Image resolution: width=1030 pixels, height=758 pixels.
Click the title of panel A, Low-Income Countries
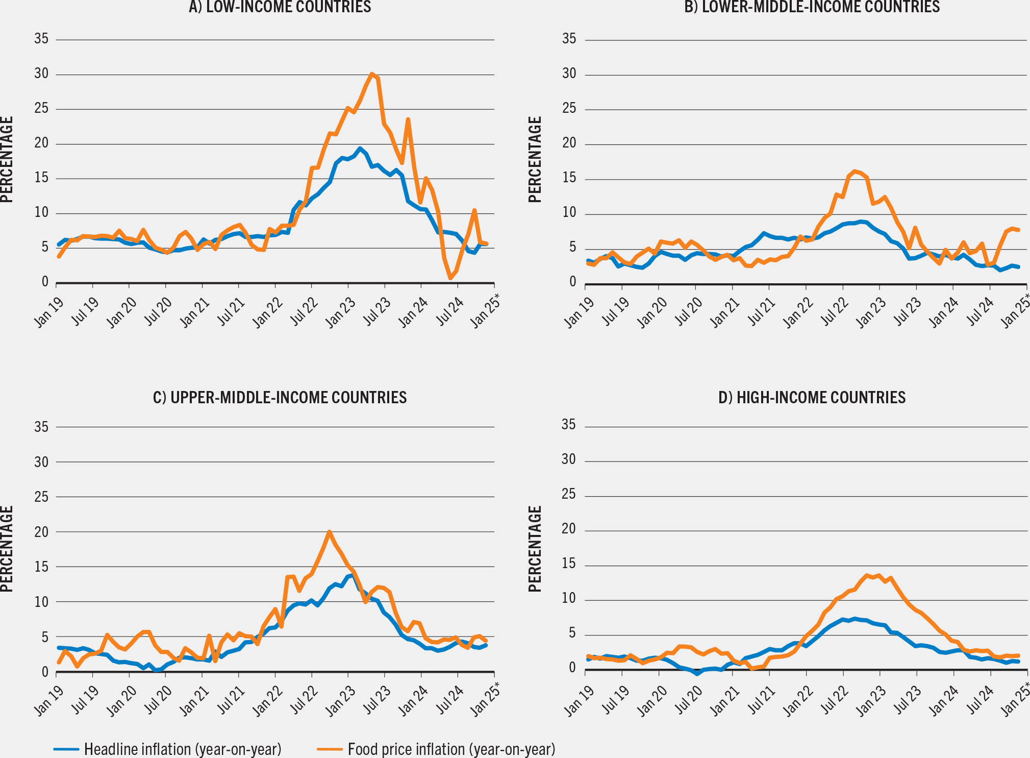point(280,7)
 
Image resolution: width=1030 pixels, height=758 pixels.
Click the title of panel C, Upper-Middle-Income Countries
point(280,397)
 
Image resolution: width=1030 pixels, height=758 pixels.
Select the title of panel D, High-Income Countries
point(812,397)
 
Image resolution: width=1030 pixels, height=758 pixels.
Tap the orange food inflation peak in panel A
point(372,74)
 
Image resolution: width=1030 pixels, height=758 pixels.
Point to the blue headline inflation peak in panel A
point(360,149)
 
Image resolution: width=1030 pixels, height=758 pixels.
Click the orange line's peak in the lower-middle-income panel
point(855,172)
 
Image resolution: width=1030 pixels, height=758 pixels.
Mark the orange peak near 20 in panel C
point(329,532)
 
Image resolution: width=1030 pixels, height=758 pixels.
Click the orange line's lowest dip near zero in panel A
point(450,278)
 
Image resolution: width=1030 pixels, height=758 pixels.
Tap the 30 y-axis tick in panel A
point(41,74)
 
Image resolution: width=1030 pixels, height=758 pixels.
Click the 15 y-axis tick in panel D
point(568,564)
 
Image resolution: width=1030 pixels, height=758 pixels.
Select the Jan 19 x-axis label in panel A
point(49,311)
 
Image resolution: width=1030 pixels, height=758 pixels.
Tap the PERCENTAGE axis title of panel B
point(534,159)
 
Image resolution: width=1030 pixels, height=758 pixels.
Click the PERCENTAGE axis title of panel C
point(6,549)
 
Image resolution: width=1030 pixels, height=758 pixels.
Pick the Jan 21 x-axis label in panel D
point(725,700)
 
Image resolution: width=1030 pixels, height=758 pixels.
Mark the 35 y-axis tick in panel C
point(41,427)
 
